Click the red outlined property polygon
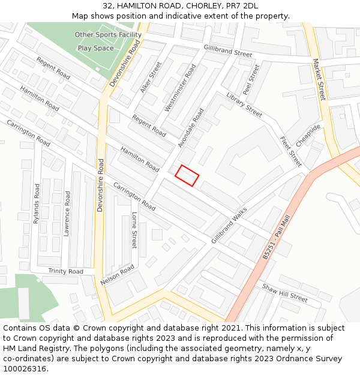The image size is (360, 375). click(x=187, y=175)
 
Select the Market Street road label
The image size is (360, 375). click(x=318, y=79)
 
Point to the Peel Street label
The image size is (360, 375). click(x=251, y=80)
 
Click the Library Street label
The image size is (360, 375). click(x=244, y=104)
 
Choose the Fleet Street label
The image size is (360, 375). click(x=290, y=151)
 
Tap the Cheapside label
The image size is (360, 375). click(x=308, y=136)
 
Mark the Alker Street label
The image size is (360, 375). click(x=151, y=77)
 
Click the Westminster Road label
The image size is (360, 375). click(x=180, y=88)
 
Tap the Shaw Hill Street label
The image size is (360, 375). click(x=284, y=293)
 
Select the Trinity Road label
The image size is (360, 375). click(x=66, y=272)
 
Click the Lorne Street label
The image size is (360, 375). click(x=134, y=230)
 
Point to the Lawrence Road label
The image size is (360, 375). click(x=67, y=214)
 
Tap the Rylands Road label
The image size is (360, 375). click(x=37, y=203)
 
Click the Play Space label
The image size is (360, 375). click(x=95, y=48)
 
